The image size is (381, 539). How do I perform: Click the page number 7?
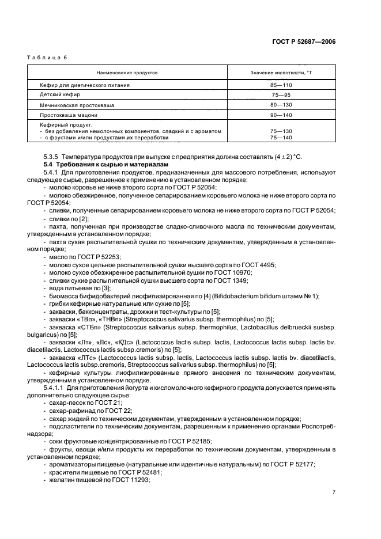point(334,492)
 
